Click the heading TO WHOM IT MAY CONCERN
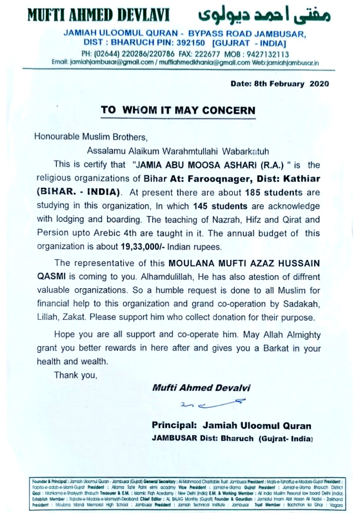178,110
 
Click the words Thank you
75,375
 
